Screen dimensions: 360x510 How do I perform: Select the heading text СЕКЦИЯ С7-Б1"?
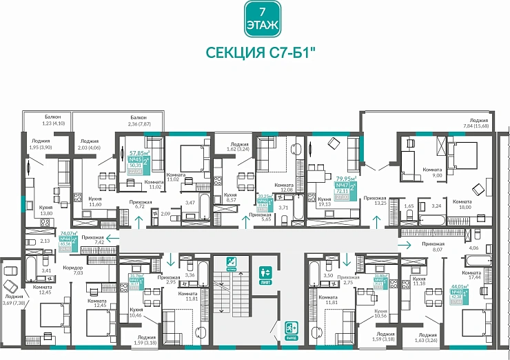pos(256,54)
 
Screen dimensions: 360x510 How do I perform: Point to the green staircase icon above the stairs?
pos(232,262)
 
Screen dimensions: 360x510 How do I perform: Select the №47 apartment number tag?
pos(341,186)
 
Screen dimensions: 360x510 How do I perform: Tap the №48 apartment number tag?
pos(456,292)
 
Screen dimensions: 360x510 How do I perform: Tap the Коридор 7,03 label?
pos(72,270)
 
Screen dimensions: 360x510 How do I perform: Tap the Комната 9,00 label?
pos(432,172)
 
